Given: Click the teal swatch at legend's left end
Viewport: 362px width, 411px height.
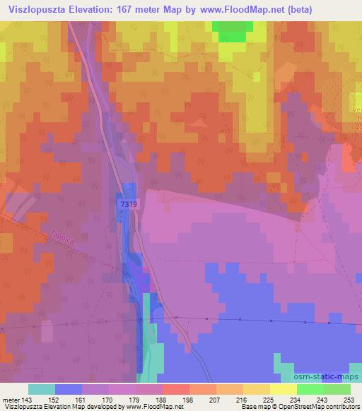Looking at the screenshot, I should (41, 389).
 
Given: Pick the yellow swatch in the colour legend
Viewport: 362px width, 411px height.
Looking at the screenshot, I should (283, 389).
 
